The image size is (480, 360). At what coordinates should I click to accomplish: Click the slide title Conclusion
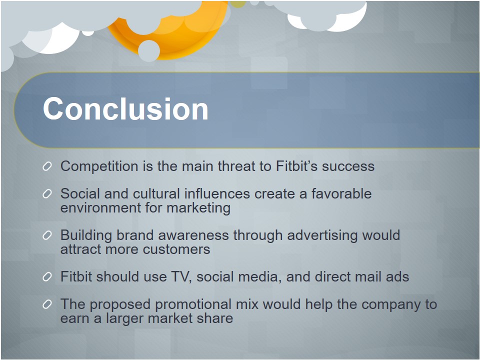point(125,108)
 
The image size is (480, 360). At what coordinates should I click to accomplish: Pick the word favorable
point(341,194)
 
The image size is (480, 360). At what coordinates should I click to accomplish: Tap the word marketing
point(198,208)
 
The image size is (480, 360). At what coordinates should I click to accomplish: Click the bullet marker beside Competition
point(47,166)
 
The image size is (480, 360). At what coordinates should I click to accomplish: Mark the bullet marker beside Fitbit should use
point(47,276)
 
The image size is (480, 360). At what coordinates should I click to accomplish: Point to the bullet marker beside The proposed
point(47,304)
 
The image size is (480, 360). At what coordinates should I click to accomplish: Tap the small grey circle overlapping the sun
point(149,51)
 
